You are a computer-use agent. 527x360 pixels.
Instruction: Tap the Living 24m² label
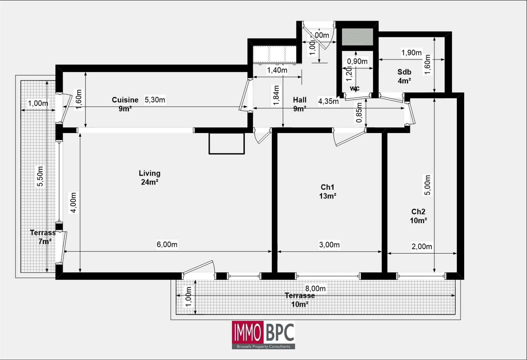tap(150, 178)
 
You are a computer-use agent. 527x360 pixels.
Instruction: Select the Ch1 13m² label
tap(327, 191)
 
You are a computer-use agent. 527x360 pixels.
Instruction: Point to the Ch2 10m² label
tap(418, 216)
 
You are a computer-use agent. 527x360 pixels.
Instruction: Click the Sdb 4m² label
tap(404, 76)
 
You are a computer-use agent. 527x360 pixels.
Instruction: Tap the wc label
tap(354, 88)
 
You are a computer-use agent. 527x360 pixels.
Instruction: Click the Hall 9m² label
tap(299, 104)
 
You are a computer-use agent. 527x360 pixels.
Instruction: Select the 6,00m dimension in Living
tap(167, 244)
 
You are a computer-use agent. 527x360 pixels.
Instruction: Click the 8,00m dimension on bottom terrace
tap(315, 289)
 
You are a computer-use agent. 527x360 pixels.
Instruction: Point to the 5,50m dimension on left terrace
tap(40, 176)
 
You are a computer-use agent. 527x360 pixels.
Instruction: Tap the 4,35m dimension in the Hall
tap(328, 101)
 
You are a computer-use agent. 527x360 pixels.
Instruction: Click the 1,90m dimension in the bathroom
tap(411, 53)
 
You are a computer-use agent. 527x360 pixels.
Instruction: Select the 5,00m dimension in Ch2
tap(427, 185)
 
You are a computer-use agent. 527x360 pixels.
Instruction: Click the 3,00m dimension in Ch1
tap(329, 245)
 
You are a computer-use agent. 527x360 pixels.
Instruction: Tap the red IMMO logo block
tap(248, 332)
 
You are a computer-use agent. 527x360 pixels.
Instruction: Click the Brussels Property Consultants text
tap(263, 346)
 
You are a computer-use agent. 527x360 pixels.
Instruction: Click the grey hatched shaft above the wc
tap(357, 37)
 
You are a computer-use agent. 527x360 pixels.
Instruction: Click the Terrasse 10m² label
tap(299, 300)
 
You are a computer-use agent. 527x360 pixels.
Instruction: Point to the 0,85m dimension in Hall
tap(359, 112)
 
